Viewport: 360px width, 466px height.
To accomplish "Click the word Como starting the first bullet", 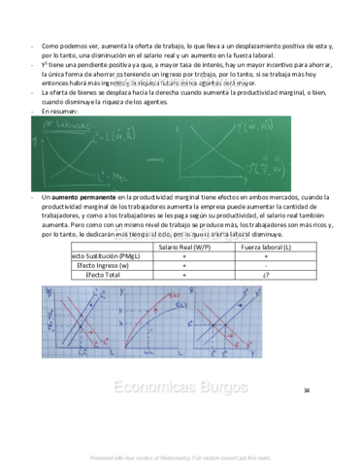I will tap(49, 45).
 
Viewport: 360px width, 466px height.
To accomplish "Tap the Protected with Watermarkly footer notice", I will tap(180, 457).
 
